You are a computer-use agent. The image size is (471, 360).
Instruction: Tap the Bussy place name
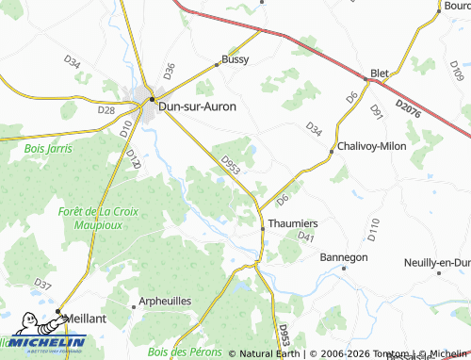(x=235, y=59)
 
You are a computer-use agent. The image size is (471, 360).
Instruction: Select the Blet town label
(x=381, y=73)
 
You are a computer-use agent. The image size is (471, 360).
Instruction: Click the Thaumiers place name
(x=293, y=223)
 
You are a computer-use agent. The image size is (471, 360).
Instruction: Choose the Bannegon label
(x=345, y=256)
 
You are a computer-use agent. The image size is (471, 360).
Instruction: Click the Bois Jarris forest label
(x=48, y=148)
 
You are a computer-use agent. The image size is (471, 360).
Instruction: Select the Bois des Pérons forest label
(x=185, y=351)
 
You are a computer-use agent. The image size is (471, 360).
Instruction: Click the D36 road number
(x=170, y=69)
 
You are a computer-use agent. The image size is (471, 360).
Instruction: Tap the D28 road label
(x=106, y=110)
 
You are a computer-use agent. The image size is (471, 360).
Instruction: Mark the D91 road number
(x=377, y=111)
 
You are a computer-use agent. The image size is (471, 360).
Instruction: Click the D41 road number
(x=304, y=237)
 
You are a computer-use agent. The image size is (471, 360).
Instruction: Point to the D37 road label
(x=42, y=284)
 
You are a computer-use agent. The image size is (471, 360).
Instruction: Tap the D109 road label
(x=457, y=71)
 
